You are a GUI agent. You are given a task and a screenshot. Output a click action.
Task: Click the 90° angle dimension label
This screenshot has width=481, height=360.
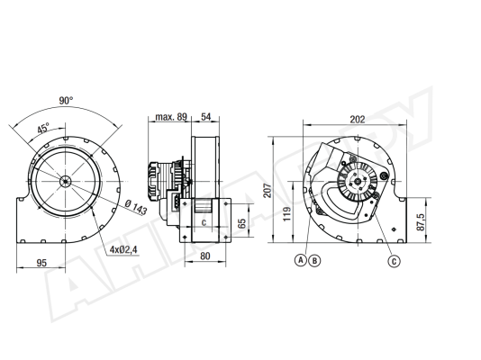tap(66, 101)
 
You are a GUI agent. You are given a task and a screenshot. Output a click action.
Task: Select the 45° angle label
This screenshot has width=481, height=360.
tap(43, 128)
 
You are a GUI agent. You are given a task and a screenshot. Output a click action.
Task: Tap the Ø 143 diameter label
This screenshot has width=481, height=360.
tap(137, 207)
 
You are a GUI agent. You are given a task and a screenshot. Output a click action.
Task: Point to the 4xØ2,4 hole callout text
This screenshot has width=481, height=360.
tap(123, 249)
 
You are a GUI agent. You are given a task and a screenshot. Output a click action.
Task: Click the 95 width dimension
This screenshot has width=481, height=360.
tap(41, 263)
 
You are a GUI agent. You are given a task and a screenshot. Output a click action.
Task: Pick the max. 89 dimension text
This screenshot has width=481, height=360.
tap(171, 117)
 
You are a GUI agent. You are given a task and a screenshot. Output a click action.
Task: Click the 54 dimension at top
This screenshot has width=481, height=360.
tap(206, 117)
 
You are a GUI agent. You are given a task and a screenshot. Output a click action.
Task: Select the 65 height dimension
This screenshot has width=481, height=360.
tap(242, 223)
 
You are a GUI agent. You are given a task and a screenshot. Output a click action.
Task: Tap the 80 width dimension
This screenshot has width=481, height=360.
tap(204, 256)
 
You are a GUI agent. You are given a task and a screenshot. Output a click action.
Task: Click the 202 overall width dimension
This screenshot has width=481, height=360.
tap(358, 119)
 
